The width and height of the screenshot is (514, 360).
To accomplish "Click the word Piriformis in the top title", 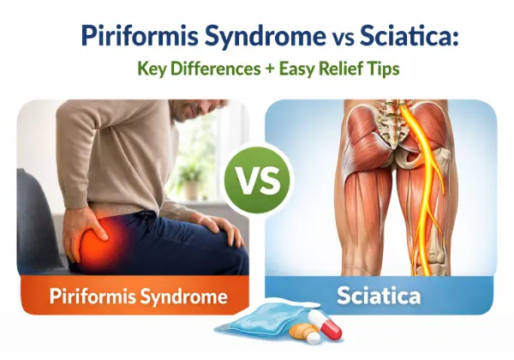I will (x=126, y=37).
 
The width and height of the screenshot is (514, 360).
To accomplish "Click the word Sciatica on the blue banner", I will (x=378, y=297).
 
